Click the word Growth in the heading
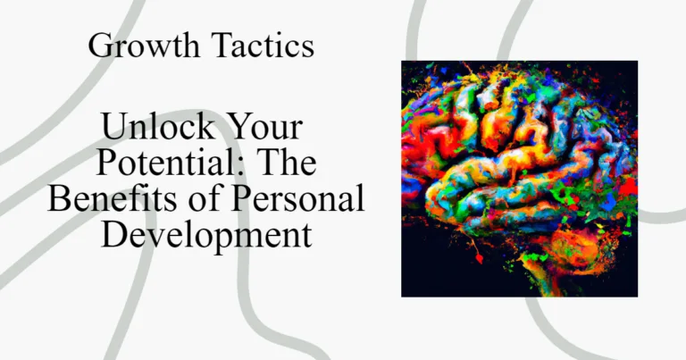point(144,46)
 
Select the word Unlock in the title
point(158,126)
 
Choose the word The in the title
point(289,162)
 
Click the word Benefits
point(112,198)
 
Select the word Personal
point(298,198)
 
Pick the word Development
point(206,235)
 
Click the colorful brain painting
point(519,179)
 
